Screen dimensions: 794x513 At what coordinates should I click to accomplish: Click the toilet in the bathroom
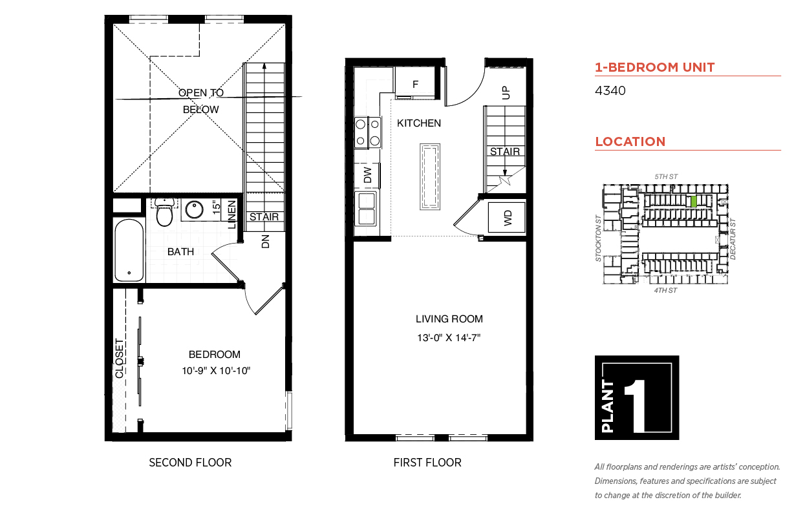(x=164, y=212)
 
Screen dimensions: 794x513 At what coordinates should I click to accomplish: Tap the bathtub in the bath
(x=129, y=251)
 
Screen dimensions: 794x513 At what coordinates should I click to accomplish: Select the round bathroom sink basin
(x=194, y=209)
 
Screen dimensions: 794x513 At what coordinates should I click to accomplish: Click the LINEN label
(x=231, y=215)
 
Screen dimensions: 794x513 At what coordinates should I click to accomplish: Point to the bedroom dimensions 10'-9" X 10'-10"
(x=216, y=371)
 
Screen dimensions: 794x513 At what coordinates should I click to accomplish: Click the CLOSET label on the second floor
(x=120, y=359)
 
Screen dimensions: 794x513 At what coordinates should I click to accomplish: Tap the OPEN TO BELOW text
(x=201, y=101)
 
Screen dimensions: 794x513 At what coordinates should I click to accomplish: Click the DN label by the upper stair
(x=266, y=241)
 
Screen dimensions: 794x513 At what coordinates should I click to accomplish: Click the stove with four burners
(x=368, y=132)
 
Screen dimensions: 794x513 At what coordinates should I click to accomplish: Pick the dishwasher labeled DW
(x=367, y=175)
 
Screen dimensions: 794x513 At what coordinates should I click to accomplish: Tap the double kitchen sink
(x=366, y=209)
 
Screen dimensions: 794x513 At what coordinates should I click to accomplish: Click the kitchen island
(x=430, y=176)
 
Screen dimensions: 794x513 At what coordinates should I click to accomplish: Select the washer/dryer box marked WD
(x=506, y=218)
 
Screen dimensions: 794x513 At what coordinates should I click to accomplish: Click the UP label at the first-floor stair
(x=506, y=93)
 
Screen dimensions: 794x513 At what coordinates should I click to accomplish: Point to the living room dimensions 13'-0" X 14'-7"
(x=449, y=338)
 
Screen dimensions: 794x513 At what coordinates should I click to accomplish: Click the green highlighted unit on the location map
(x=694, y=202)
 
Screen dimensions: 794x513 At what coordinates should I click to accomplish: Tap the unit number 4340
(x=610, y=90)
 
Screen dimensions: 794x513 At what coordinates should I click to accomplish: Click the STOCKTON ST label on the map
(x=599, y=238)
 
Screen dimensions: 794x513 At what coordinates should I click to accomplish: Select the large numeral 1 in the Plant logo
(x=636, y=406)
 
